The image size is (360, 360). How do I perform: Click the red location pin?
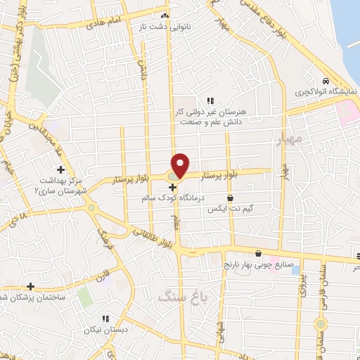click(x=181, y=165)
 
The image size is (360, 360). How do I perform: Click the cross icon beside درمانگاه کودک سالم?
click(x=173, y=187)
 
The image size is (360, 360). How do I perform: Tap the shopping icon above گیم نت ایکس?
click(x=230, y=198)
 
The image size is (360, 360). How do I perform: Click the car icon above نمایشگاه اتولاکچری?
click(x=325, y=81)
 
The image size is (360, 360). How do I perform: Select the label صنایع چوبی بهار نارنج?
click(x=262, y=266)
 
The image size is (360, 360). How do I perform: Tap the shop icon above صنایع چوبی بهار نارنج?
click(x=258, y=254)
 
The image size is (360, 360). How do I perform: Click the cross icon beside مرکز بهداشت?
click(x=61, y=169)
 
